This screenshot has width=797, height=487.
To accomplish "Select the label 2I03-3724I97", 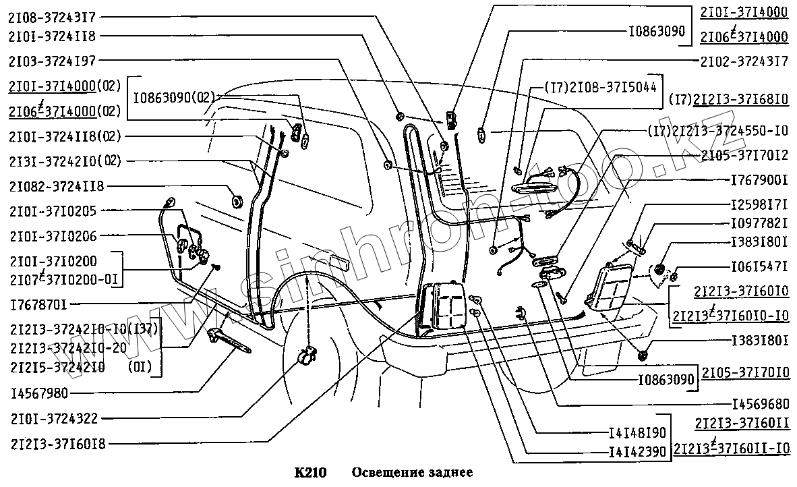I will pyautogui.click(x=52, y=61).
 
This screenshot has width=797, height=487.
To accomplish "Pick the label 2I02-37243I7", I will pyautogui.click(x=744, y=61).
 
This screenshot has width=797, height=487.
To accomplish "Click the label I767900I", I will pyautogui.click(x=759, y=181).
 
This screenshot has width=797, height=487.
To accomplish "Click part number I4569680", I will pyautogui.click(x=759, y=405).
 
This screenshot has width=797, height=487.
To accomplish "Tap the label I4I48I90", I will pyautogui.click(x=637, y=432).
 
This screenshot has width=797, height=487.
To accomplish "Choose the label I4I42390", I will pyautogui.click(x=637, y=451).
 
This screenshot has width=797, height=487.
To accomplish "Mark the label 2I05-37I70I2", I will pyautogui.click(x=744, y=155).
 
